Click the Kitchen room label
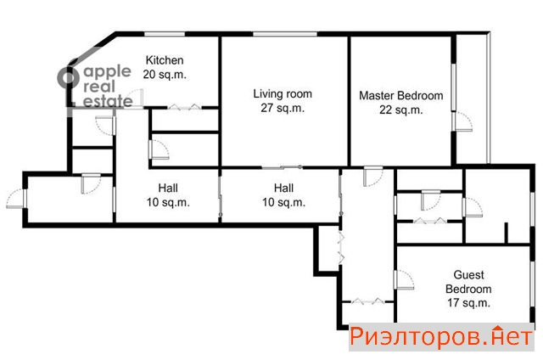click(x=165, y=60)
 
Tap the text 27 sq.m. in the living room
click(x=283, y=108)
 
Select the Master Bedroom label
click(x=401, y=96)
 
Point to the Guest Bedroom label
click(x=468, y=282)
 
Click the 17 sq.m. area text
click(x=468, y=303)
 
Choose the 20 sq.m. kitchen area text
click(x=165, y=75)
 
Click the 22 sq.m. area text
click(x=401, y=110)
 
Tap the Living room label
click(x=283, y=93)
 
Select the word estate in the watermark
click(x=108, y=101)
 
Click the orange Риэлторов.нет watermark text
click(x=441, y=337)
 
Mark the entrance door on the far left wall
click(x=17, y=199)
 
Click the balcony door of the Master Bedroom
click(x=462, y=121)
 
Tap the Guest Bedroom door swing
click(x=404, y=279)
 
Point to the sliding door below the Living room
click(x=282, y=168)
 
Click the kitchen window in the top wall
click(x=165, y=34)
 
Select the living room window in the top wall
click(x=285, y=34)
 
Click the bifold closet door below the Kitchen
click(x=184, y=108)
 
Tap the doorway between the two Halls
click(x=220, y=198)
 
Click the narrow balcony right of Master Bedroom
click(x=472, y=98)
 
